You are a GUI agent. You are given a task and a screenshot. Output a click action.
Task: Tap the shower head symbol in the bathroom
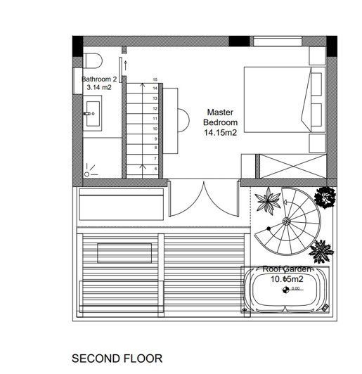[89, 171]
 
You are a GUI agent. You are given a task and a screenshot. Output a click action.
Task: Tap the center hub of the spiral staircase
[287, 221]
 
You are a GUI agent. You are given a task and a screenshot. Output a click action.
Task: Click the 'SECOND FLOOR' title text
[117, 358]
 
